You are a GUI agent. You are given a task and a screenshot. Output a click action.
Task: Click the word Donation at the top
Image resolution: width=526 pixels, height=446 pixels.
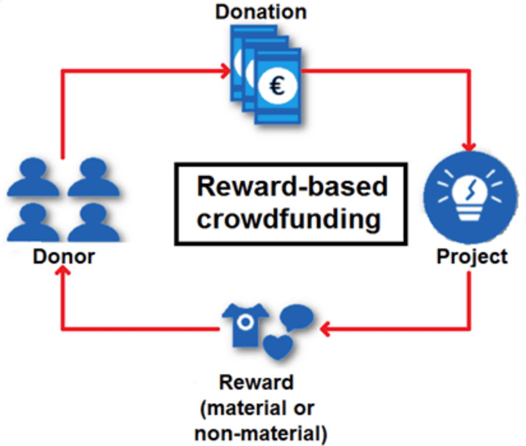click(x=261, y=11)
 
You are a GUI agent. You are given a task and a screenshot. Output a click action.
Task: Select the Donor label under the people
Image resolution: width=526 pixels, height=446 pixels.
click(x=64, y=256)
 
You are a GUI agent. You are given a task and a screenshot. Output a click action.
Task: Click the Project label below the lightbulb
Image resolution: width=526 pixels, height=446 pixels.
click(x=472, y=256)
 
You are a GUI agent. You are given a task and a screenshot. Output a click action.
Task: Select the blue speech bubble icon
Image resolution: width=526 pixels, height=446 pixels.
click(x=298, y=317)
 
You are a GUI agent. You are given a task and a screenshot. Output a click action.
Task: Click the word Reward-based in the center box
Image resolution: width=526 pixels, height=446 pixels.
click(x=292, y=187)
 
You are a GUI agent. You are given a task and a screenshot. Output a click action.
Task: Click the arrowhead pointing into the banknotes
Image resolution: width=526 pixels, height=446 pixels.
click(x=226, y=71)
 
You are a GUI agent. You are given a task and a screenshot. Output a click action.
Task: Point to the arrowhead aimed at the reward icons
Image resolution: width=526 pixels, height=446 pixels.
click(x=325, y=328)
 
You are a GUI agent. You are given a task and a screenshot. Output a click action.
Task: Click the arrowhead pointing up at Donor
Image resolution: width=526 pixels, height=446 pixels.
click(x=62, y=275)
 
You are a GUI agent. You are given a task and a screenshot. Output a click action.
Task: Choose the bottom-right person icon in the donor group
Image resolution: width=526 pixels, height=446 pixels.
click(x=93, y=222)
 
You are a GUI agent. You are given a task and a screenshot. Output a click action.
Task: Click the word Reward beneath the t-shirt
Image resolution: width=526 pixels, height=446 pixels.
click(x=256, y=383)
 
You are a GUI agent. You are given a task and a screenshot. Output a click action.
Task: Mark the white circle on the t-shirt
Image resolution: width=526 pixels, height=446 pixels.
click(x=246, y=322)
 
